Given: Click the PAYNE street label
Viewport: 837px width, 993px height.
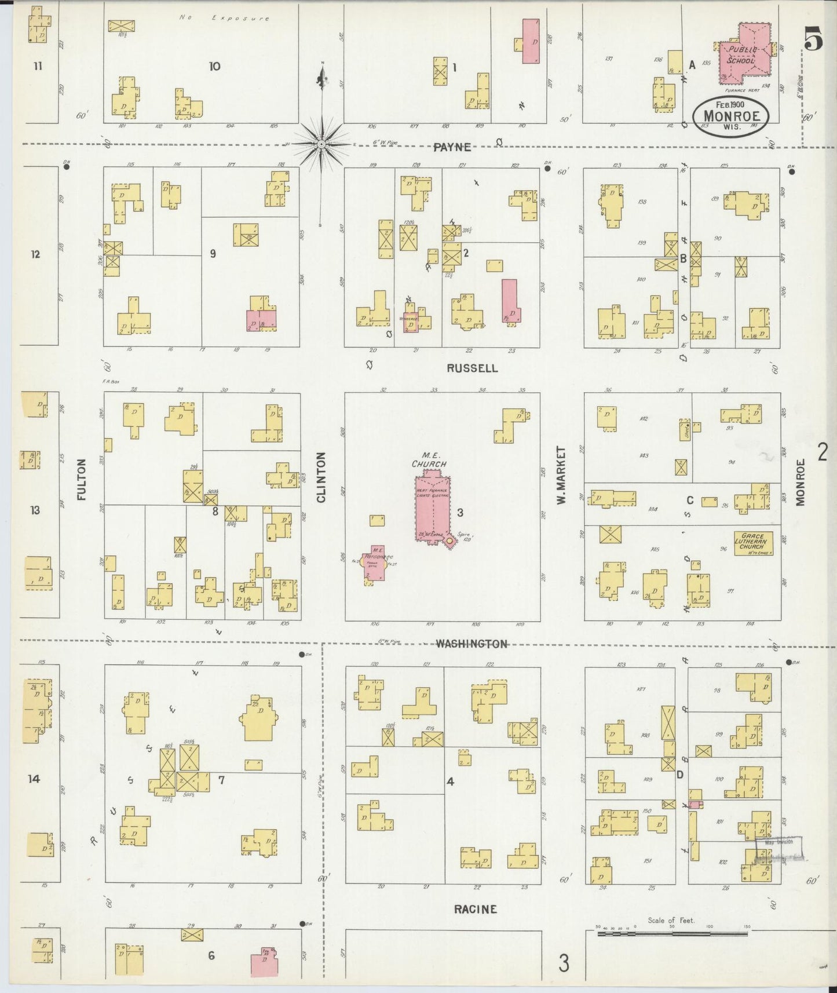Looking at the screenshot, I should pos(452,147).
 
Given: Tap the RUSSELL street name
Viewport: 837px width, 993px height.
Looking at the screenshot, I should pos(472,368).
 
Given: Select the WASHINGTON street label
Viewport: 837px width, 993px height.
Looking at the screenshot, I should pos(472,644).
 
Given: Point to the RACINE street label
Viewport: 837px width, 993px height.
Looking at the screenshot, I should pos(475,909).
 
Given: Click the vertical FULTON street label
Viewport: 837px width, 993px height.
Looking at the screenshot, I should pos(81,480).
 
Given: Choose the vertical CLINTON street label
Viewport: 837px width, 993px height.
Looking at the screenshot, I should pos(321,477).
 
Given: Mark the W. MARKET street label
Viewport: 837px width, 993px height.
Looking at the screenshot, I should pos(561,475).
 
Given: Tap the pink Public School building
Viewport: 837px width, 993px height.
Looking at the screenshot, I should pos(744,53).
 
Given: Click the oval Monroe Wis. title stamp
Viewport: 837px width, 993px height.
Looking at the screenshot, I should pos(732,116).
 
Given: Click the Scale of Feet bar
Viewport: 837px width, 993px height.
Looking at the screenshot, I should pos(672,933).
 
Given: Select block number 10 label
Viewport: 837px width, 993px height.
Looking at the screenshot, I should pos(214,66).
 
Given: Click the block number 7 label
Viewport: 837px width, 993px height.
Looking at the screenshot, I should pos(221,779).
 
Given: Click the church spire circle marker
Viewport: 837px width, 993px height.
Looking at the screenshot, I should pos(448,541).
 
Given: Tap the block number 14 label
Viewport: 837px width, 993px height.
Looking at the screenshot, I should pos(34,779).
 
